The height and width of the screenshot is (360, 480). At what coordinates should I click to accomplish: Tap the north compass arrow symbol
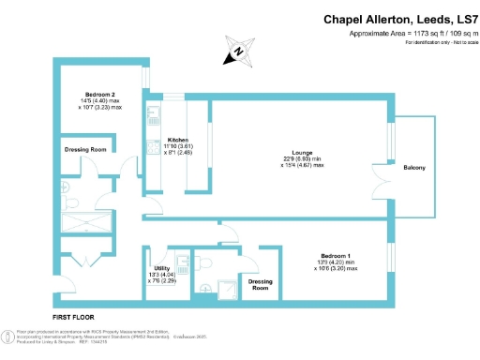(240, 52)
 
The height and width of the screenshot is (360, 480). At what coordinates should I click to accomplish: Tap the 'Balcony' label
(414, 168)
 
